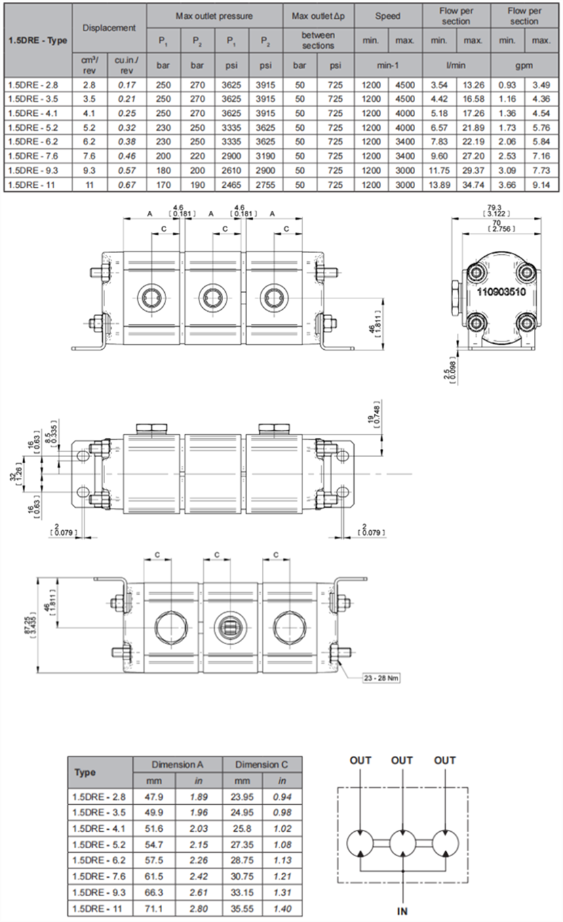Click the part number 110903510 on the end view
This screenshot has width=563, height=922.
pyautogui.click(x=502, y=292)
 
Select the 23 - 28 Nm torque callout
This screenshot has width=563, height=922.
pyautogui.click(x=381, y=678)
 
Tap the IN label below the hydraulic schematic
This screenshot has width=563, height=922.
pyautogui.click(x=402, y=910)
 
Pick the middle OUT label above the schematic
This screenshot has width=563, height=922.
pyautogui.click(x=402, y=760)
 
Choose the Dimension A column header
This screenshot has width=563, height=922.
pyautogui.click(x=177, y=764)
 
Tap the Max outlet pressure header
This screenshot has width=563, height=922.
pyautogui.click(x=214, y=15)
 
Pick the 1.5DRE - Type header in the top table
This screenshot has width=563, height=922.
pyautogui.click(x=37, y=40)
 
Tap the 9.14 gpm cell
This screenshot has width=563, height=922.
pyautogui.click(x=541, y=184)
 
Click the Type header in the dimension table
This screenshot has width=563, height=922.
pyautogui.click(x=85, y=772)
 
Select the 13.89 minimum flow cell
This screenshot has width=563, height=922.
pyautogui.click(x=438, y=184)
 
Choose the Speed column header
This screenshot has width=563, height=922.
pyautogui.click(x=387, y=15)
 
